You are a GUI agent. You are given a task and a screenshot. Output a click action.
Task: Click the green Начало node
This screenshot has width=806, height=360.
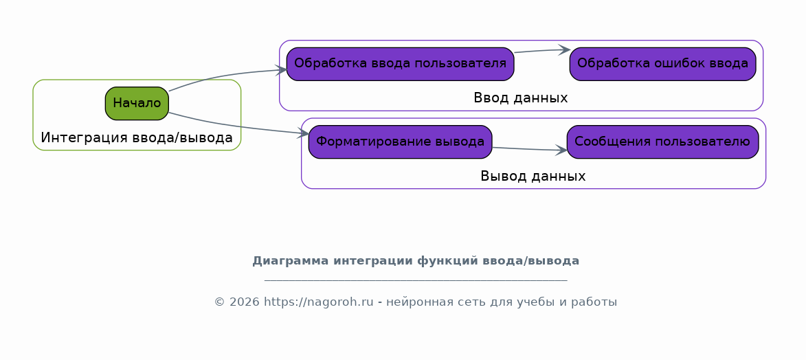137,103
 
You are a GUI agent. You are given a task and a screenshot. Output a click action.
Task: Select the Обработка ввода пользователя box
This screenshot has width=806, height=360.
400,64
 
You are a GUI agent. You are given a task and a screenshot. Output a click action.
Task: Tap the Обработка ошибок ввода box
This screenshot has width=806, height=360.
662,64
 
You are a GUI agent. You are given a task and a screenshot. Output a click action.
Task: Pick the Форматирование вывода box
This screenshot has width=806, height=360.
400,142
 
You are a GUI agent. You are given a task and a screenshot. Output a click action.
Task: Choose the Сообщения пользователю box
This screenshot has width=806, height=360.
662,142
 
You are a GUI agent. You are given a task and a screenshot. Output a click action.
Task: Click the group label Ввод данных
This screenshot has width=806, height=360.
521,98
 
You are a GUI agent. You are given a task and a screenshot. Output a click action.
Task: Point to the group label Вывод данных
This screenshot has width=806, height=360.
533,177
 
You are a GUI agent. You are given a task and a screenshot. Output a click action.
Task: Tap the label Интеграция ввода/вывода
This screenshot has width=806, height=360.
137,138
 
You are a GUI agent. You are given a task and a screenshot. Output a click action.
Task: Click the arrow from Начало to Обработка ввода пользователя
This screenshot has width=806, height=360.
226,76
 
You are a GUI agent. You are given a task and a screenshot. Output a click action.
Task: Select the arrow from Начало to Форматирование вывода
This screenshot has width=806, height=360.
236,126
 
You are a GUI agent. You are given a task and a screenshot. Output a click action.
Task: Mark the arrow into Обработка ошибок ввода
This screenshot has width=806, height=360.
541,50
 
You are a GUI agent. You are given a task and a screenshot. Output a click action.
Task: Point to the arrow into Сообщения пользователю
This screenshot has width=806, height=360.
530,150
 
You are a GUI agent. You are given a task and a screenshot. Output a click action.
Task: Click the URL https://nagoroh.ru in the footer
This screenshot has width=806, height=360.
319,302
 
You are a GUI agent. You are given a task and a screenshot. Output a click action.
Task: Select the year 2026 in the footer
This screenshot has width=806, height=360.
244,302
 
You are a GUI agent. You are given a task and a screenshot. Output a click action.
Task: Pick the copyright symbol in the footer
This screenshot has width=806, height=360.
219,302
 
